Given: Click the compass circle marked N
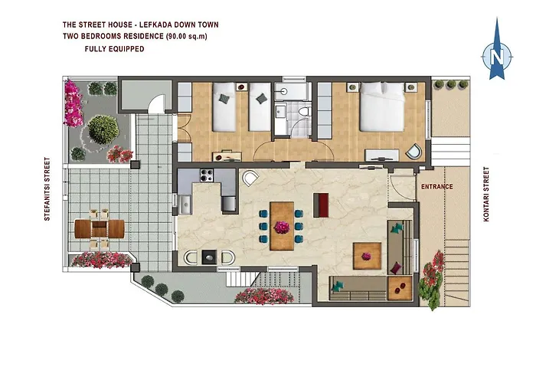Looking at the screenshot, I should coord(497,55).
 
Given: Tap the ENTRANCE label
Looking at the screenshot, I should coord(436,186).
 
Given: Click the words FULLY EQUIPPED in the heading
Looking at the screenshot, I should coord(114,48).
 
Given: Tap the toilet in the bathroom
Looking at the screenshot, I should coord(304,114).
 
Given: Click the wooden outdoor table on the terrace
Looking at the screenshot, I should coord(100,229).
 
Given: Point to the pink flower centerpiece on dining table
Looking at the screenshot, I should coord(282,226).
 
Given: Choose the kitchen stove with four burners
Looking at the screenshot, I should coord(205,176).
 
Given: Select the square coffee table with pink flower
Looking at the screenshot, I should coord(366,253).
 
